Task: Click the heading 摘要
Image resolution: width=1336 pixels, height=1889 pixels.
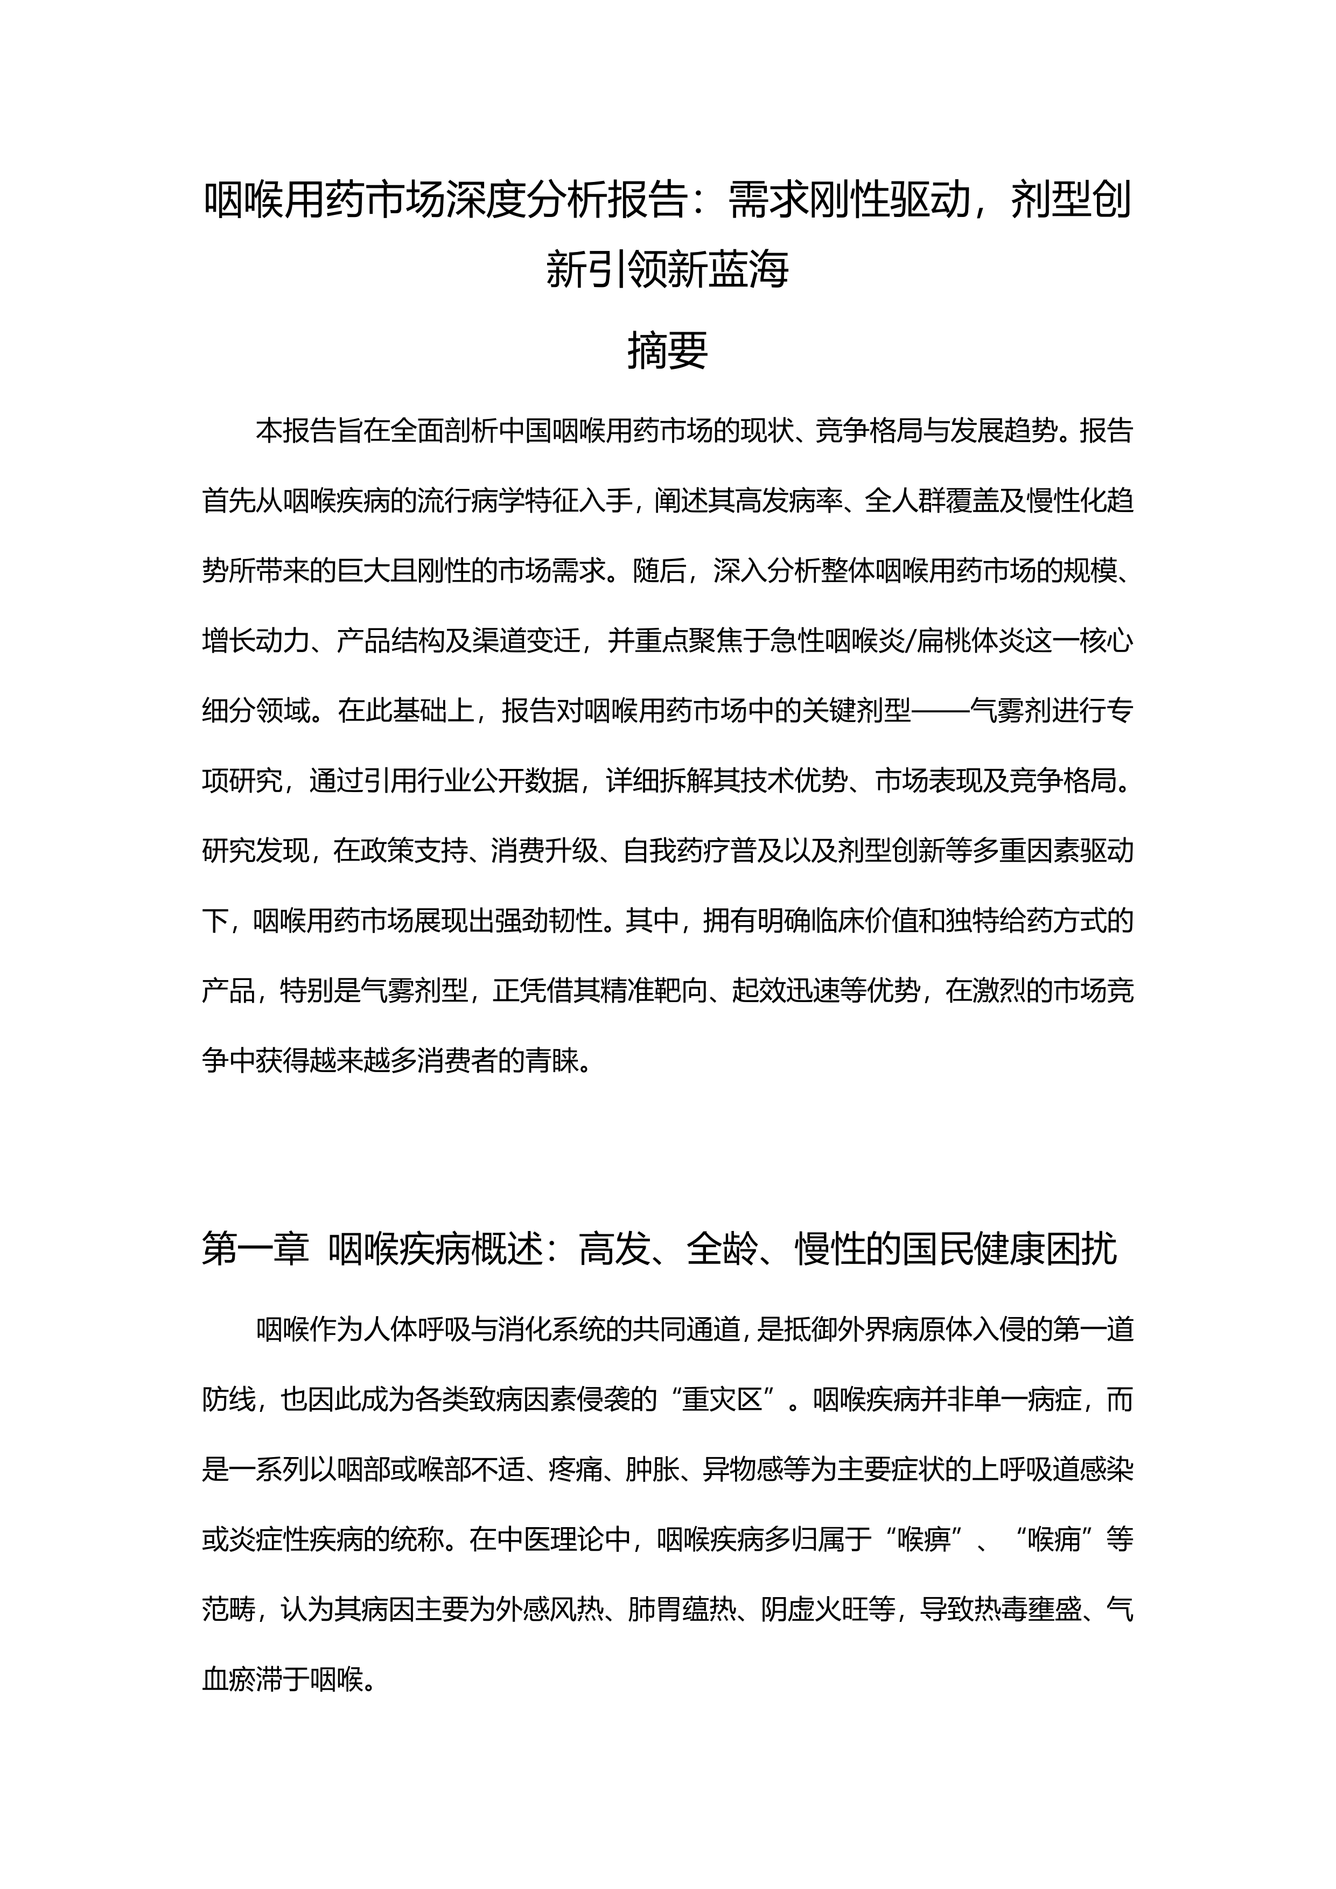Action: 667,352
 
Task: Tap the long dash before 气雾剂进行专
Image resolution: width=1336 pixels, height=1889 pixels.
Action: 940,711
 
